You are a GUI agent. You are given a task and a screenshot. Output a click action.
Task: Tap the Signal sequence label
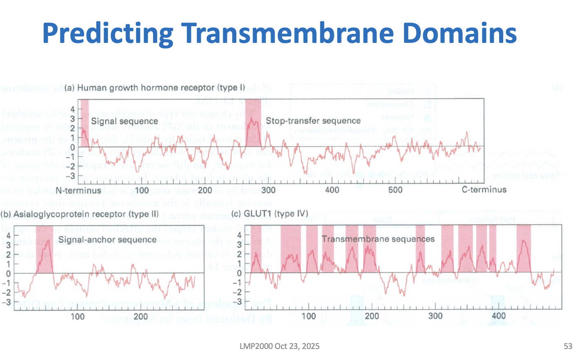pyautogui.click(x=124, y=121)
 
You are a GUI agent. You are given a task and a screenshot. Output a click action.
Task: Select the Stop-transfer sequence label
pyautogui.click(x=313, y=121)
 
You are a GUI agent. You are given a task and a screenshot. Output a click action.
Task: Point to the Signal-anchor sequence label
pyautogui.click(x=107, y=240)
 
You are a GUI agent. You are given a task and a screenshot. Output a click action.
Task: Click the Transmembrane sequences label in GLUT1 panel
pyautogui.click(x=378, y=239)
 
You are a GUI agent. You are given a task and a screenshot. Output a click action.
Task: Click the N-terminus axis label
pyautogui.click(x=78, y=190)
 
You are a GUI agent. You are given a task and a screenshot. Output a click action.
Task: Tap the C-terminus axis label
pyautogui.click(x=484, y=189)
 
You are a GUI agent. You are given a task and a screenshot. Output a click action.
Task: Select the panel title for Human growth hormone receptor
pyautogui.click(x=155, y=88)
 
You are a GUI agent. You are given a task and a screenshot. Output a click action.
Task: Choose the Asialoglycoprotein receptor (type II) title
pyautogui.click(x=80, y=214)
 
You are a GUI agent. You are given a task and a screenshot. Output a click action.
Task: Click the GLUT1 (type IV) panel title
pyautogui.click(x=270, y=214)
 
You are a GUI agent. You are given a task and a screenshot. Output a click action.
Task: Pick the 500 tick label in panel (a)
pyautogui.click(x=395, y=190)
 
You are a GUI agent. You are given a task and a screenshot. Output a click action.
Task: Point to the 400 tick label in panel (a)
pyautogui.click(x=332, y=190)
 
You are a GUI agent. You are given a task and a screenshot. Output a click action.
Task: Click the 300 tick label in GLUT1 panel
pyautogui.click(x=435, y=316)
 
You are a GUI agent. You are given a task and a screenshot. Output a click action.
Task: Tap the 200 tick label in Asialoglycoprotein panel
pyautogui.click(x=141, y=316)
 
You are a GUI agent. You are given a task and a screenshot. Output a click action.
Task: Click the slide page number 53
pyautogui.click(x=568, y=346)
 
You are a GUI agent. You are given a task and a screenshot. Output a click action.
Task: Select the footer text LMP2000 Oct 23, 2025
pyautogui.click(x=280, y=346)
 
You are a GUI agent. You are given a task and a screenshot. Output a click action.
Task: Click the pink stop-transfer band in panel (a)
pyautogui.click(x=253, y=122)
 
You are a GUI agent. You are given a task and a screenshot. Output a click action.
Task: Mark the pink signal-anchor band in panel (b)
pyautogui.click(x=44, y=249)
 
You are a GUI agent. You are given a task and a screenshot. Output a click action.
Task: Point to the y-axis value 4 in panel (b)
pyautogui.click(x=8, y=235)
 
